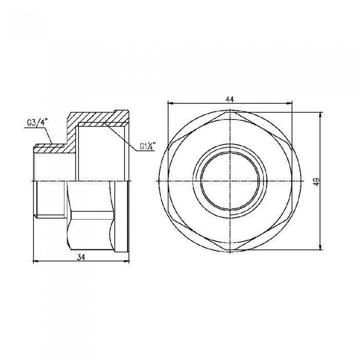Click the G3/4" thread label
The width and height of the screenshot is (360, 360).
point(37,123)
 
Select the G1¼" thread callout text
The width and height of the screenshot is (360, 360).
point(148,147)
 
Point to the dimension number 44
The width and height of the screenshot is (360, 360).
point(230,99)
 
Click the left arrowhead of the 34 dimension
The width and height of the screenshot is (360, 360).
point(35,262)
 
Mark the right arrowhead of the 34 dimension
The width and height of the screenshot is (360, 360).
point(126,262)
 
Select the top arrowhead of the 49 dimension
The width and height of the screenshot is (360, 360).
point(321,115)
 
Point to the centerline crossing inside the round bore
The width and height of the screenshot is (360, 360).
point(230,181)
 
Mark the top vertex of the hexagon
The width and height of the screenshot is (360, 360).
point(230,113)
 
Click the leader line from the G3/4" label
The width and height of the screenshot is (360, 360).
point(50,135)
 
